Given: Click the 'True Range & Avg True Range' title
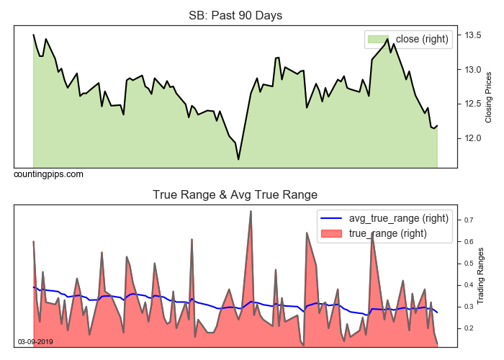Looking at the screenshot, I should [x=235, y=194].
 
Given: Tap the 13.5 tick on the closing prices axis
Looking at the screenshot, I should [x=473, y=35].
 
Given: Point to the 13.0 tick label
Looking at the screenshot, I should [x=473, y=70].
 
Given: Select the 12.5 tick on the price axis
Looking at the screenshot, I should [x=473, y=104].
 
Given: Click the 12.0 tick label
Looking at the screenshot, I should [x=473, y=138].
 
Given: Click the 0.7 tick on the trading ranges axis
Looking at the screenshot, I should [x=469, y=220].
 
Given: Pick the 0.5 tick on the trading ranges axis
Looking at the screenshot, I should [x=469, y=264].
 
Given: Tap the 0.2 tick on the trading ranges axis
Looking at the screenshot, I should [x=469, y=328].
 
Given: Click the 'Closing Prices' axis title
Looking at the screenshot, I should [x=489, y=97].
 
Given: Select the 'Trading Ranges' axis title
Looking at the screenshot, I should [x=489, y=276].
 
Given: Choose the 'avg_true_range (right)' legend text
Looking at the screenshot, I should [x=399, y=218].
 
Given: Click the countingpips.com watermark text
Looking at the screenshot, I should [x=48, y=174].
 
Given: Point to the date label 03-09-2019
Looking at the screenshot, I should [x=35, y=341].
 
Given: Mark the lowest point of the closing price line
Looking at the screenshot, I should [x=238, y=159].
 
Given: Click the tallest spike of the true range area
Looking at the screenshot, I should [x=251, y=211].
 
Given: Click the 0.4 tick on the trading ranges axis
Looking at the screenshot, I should [x=469, y=285].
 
